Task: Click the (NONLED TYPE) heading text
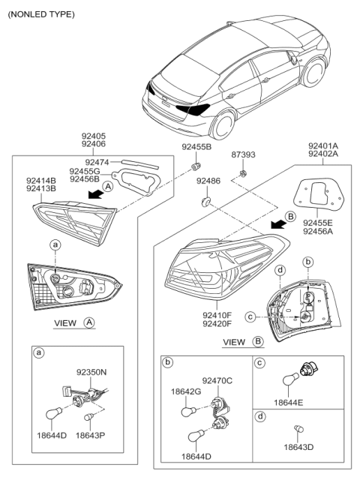pos(42,13)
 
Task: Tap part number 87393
pos(243,154)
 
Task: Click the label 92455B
pos(196,147)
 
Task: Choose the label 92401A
pos(323,146)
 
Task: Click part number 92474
pos(97,161)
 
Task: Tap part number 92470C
pos(219,381)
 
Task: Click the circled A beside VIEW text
pos(89,323)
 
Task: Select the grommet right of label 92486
pos(205,201)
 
